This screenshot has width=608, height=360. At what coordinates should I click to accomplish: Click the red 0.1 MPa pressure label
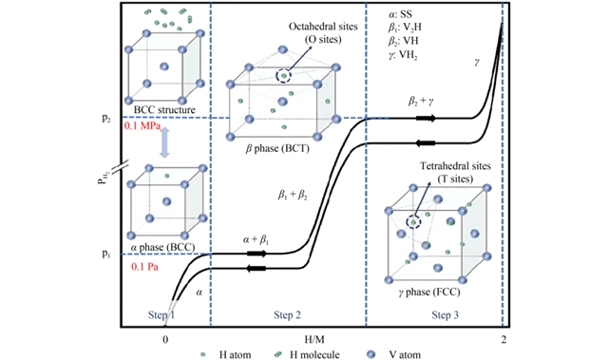142,126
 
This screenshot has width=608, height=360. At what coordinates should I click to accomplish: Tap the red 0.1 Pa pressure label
144,267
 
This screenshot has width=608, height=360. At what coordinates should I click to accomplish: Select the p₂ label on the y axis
106,118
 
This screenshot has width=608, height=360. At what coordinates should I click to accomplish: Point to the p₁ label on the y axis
106,254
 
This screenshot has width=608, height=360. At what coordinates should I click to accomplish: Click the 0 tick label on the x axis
165,340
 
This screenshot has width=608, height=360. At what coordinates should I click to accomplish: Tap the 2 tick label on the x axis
503,340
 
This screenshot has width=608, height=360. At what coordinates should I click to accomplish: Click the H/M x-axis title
314,340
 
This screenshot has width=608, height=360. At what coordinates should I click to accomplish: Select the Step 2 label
287,315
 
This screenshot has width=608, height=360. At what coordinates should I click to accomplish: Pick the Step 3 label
446,315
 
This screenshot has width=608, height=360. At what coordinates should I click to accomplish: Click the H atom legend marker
202,354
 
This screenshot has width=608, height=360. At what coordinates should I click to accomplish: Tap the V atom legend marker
371,353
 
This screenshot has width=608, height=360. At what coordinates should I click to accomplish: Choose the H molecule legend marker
277,353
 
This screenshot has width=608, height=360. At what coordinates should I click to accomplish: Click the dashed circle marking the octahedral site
283,76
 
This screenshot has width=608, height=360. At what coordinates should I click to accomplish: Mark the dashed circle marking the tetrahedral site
413,222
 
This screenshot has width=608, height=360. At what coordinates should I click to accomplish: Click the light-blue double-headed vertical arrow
164,142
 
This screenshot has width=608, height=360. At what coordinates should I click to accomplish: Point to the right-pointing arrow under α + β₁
256,254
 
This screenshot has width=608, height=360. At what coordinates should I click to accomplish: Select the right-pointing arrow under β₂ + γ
426,118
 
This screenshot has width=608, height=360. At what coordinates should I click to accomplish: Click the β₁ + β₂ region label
293,195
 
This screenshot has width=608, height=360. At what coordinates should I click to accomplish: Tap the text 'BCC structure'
164,109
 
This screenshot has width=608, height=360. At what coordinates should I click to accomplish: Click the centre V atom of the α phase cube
167,201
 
